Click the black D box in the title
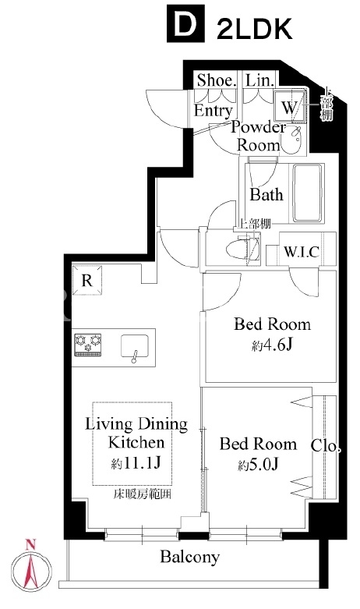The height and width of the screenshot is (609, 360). pos(185,23)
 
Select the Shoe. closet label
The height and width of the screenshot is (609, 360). pos(216,80)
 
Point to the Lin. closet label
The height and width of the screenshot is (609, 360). pos(260,80)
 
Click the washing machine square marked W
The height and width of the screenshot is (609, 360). pos(290,106)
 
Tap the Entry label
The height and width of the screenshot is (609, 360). pos(214,110)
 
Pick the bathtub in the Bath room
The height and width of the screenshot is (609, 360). pos(308,193)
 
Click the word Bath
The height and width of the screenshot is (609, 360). pos(266,195)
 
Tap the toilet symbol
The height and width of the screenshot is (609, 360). pos(243,249)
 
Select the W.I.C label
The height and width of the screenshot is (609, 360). pos(302,252)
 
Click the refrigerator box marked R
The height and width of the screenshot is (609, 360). pos(87,280)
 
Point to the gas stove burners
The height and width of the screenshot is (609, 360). pos(88,345)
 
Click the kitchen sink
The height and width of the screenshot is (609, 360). pos(134,346)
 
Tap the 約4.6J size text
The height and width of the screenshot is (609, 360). pos(271,345)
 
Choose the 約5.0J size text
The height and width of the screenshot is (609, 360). pos(259,465)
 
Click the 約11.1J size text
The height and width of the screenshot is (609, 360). pos(136,463)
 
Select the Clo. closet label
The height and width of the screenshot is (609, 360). pos(326,446)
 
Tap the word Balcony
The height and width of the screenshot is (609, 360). pos(190,558)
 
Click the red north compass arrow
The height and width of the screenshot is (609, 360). pos(30,567)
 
